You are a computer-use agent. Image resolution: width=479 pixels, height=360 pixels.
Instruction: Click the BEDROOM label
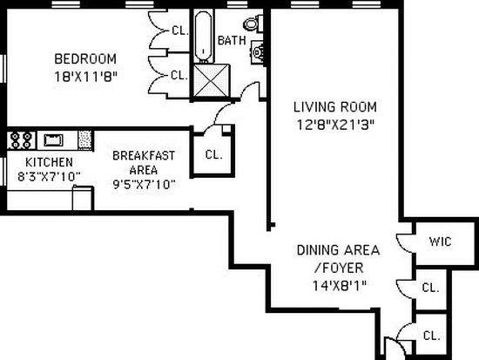coord(85,58)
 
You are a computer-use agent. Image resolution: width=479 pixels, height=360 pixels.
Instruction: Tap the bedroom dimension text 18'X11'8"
coord(85,77)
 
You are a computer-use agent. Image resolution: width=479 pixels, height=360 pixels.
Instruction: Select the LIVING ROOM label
coord(335,107)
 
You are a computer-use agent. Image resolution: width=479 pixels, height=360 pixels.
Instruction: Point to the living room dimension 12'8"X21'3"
coord(335,125)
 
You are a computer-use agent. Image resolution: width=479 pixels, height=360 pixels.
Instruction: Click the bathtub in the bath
coord(203,36)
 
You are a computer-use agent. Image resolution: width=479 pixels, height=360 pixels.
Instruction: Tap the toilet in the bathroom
coord(253,24)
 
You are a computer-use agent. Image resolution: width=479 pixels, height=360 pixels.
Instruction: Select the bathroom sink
coord(257,52)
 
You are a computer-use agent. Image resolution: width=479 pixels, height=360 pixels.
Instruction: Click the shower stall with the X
coord(211,80)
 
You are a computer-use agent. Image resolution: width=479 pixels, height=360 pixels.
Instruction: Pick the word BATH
coord(232,40)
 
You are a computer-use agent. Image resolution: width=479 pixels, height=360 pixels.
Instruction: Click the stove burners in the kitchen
coord(21,140)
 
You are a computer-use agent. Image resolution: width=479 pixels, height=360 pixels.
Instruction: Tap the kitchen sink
coord(54,140)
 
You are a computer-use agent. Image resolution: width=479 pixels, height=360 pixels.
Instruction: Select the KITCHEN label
coord(49,162)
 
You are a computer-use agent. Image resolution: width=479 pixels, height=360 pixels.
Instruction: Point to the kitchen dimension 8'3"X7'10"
coord(49,177)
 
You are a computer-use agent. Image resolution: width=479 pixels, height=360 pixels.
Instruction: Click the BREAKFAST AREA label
coord(144,163)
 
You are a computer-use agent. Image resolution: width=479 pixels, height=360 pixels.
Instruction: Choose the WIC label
coord(440,241)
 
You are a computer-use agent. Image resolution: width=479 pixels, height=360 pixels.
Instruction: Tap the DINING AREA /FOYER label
coord(339,259)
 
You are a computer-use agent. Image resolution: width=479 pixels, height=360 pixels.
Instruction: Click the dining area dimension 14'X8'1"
coord(339,286)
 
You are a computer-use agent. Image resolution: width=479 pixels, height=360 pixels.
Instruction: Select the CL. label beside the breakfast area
coord(214,154)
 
